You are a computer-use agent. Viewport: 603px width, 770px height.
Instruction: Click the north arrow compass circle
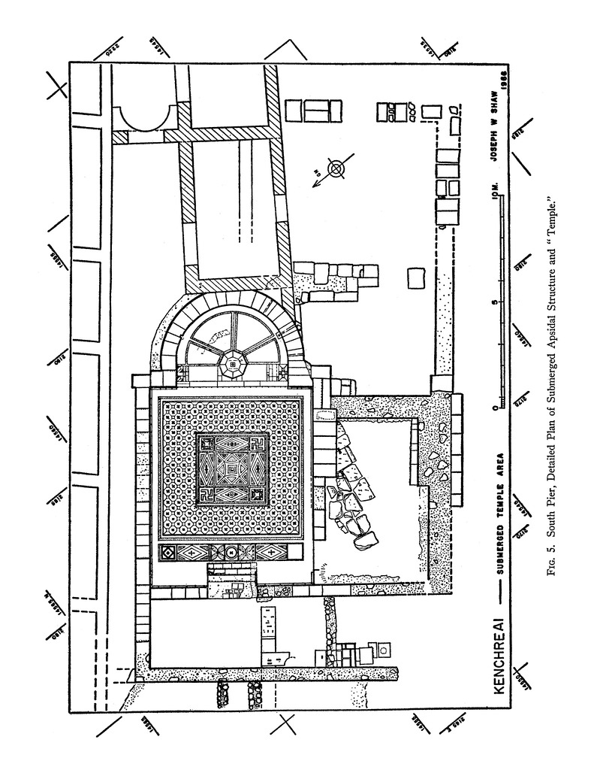tap(336, 169)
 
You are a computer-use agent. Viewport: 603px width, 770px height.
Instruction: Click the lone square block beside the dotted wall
tap(416, 277)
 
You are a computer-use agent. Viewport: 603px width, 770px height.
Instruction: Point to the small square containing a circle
tap(384, 649)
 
